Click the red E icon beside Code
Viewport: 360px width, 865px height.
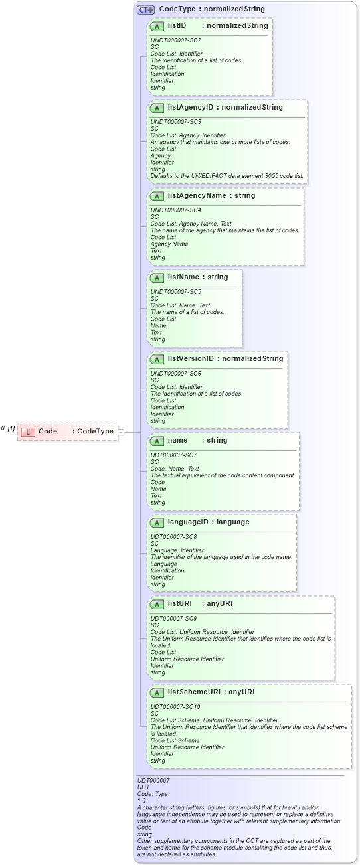click(x=28, y=432)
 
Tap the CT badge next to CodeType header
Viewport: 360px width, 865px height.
click(x=145, y=9)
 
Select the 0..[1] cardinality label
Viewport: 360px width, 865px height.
click(x=8, y=428)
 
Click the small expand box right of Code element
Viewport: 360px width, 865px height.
click(x=121, y=432)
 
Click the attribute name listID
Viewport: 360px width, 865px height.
click(x=177, y=26)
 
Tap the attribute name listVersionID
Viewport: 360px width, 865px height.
click(x=191, y=359)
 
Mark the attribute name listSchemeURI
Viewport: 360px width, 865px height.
click(x=194, y=692)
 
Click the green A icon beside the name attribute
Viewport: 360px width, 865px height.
click(x=157, y=441)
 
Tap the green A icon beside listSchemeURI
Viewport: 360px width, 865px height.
click(x=157, y=692)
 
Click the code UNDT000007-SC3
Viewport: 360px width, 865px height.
click(x=175, y=122)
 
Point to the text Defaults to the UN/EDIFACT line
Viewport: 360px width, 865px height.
click(x=226, y=176)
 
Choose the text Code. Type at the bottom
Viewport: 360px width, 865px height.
click(x=152, y=794)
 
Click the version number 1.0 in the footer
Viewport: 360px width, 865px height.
click(x=141, y=801)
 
